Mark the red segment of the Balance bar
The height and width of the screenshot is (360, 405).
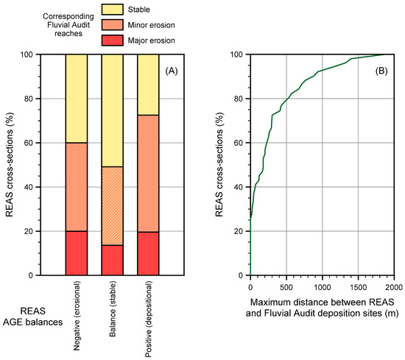click(x=112, y=260)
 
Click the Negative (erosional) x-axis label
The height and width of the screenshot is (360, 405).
click(x=77, y=314)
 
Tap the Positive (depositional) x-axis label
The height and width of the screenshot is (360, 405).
click(x=149, y=317)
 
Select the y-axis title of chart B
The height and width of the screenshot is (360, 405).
click(x=219, y=165)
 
